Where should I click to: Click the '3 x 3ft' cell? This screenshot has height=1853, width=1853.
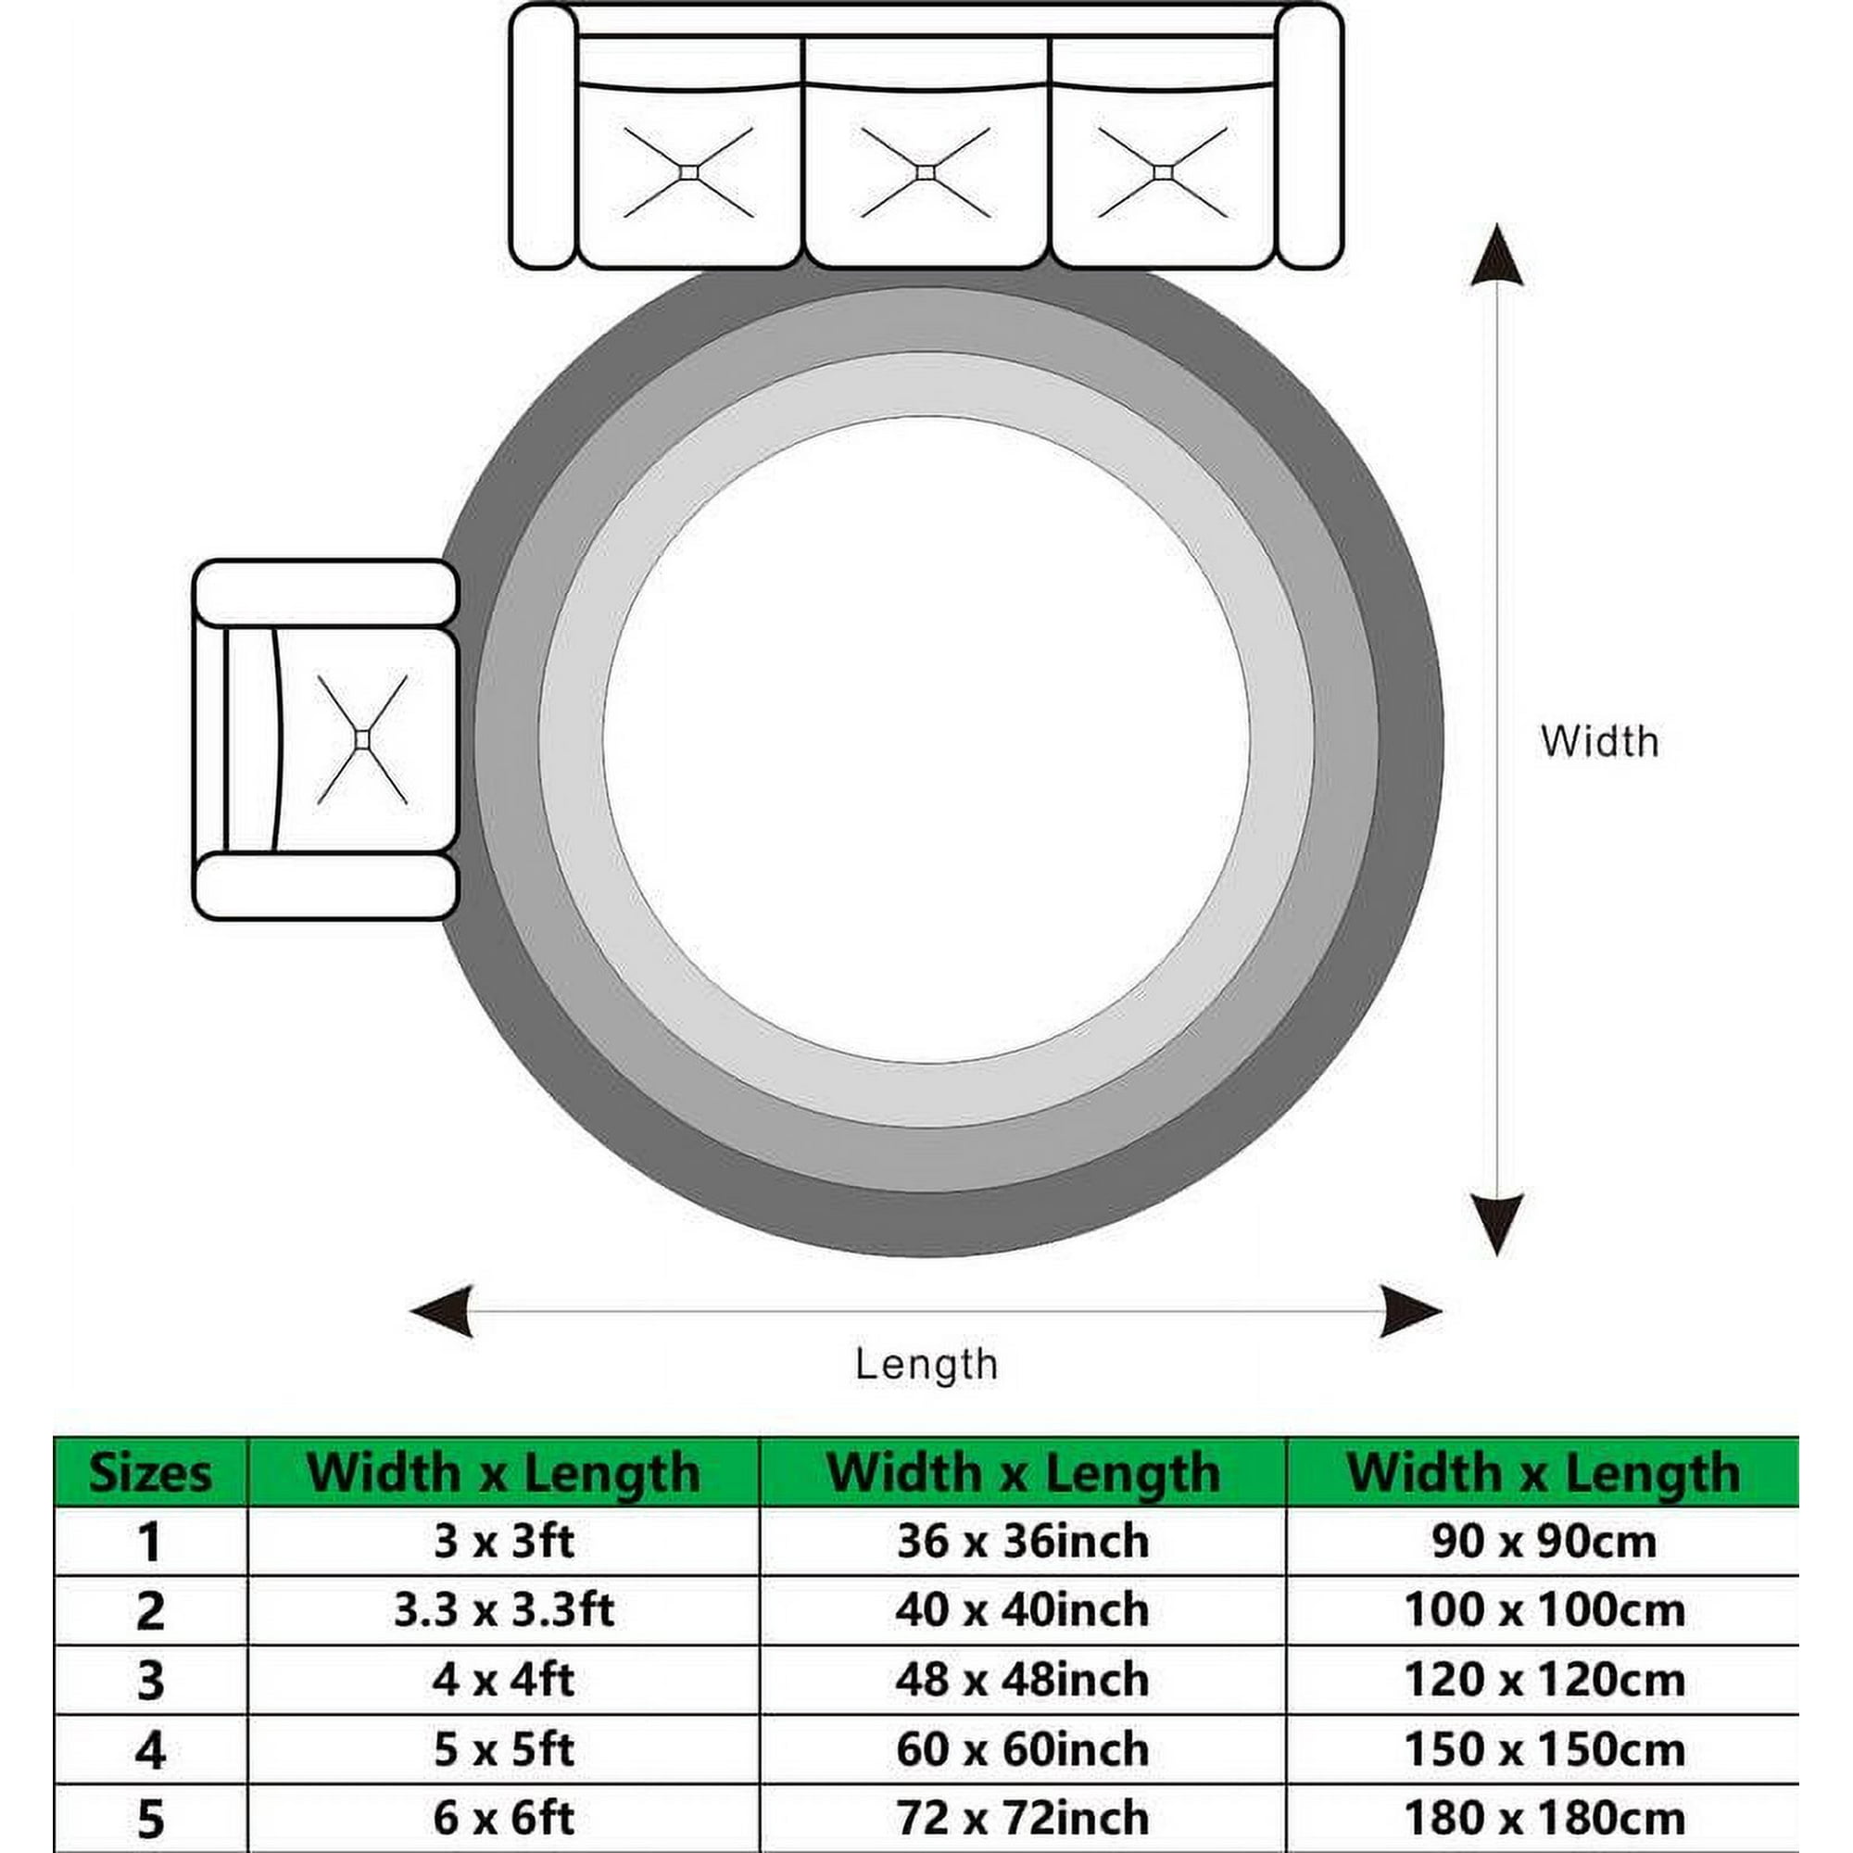coord(503,1542)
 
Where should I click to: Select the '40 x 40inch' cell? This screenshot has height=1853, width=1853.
coord(1023,1610)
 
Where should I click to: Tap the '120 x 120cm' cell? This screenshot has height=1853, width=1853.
coord(1544,1681)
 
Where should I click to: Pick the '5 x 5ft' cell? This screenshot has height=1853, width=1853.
coord(503,1749)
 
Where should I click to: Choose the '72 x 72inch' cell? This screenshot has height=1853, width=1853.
coord(1023,1818)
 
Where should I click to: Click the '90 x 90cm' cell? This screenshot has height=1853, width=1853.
coord(1544,1542)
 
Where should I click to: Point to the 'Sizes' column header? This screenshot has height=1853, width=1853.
coord(151,1473)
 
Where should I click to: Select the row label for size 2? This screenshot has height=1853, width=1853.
coord(151,1611)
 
